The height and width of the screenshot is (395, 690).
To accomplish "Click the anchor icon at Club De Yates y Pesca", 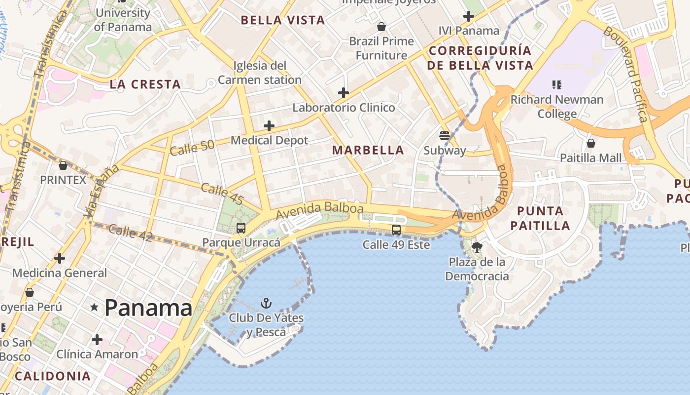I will point(266,303).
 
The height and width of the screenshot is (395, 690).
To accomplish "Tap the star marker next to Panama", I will point(94,307).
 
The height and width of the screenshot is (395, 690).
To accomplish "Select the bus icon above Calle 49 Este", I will point(396,230).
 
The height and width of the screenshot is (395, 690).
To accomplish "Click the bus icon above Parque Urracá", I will point(241,228).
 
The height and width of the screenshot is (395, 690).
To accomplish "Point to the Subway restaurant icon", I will point(445,136).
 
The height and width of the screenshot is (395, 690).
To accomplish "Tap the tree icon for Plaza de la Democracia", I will point(477,247).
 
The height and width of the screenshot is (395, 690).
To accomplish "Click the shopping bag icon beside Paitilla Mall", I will point(590,144).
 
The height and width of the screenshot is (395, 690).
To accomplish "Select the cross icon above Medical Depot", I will point(269,126).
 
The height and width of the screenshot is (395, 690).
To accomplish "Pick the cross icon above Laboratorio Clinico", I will point(344,93).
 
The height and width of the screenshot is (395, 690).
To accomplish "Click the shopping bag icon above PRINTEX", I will point(63,165).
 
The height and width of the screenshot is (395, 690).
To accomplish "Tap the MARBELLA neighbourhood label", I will point(368,150).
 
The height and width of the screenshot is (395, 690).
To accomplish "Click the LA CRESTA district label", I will point(145,84).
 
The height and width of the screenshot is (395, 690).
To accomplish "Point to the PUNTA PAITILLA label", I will point(540,218).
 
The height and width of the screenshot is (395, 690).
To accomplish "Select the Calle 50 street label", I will point(192,147).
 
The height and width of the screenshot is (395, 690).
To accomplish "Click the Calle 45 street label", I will point(222,194).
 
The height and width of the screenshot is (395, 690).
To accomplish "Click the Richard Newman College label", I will point(557,106).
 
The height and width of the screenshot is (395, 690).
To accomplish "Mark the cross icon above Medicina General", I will point(60,258).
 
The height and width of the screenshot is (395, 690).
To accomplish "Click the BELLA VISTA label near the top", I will point(282,20).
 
